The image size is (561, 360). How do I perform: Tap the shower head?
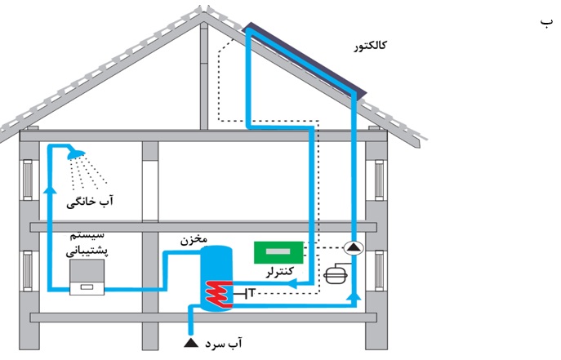click(x=76, y=153)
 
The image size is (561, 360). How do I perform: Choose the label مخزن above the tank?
click(x=194, y=241)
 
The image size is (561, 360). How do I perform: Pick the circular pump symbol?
click(x=353, y=247)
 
